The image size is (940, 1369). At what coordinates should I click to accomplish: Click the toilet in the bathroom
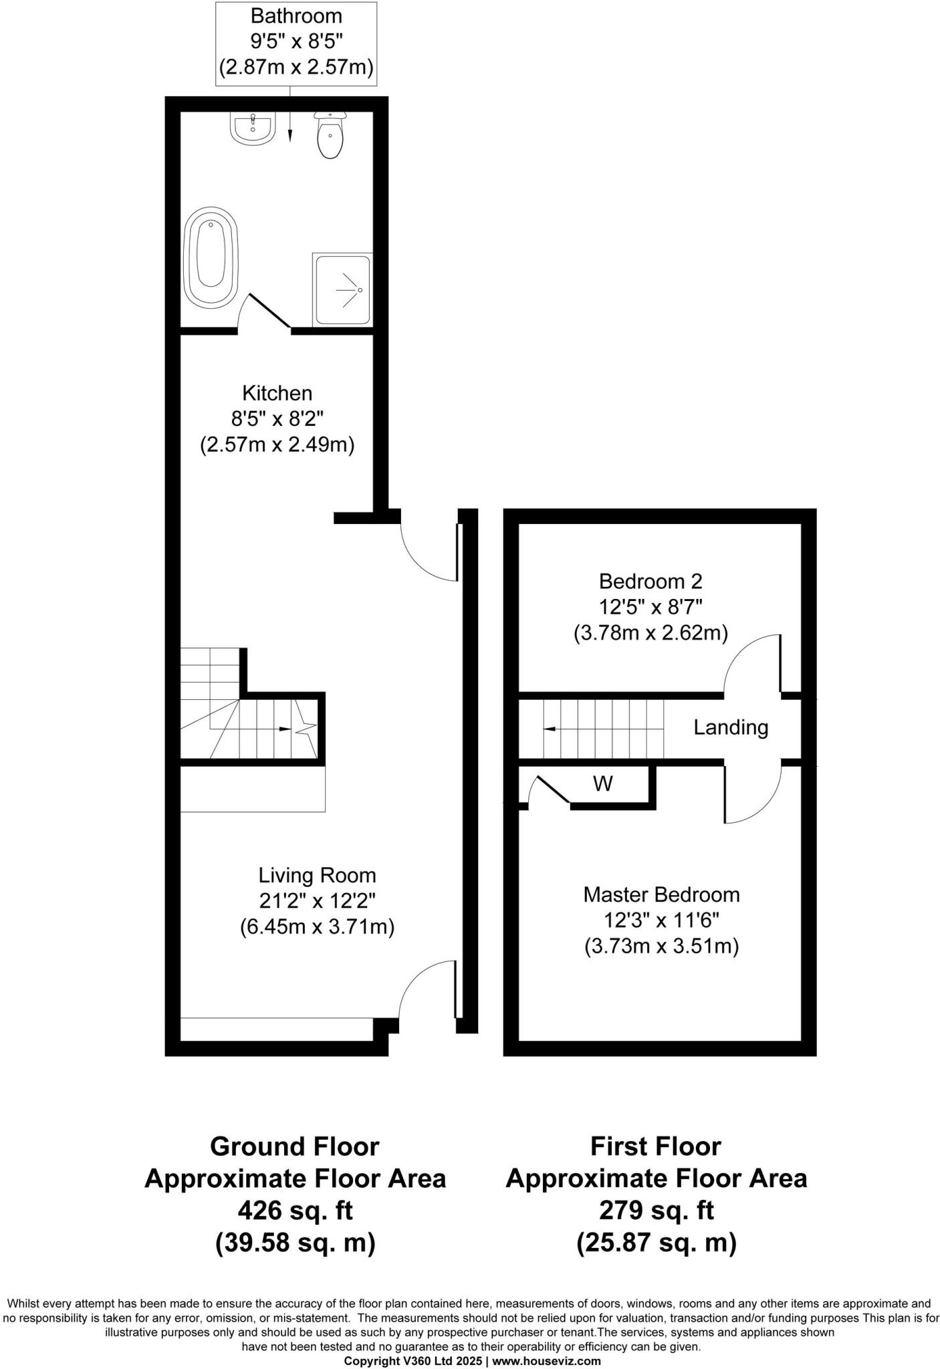[x=330, y=136]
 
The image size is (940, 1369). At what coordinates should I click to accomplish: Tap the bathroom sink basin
[x=253, y=128]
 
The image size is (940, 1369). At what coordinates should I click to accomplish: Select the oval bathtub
[x=210, y=258]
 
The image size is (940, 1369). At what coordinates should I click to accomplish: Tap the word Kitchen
[x=277, y=392]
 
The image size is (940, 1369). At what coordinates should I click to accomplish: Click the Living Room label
[x=317, y=875]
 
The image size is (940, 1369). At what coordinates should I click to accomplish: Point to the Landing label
[x=730, y=727]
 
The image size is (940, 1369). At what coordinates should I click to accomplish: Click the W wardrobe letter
[x=603, y=783]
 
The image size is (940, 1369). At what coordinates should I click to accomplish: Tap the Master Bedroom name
[x=661, y=894]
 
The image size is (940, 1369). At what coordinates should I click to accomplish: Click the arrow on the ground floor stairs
[x=284, y=729]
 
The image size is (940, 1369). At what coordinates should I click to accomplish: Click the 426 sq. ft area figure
[x=295, y=1211]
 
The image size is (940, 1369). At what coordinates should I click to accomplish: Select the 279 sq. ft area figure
[x=656, y=1211]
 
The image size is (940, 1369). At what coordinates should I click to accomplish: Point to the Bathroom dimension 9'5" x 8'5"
[x=296, y=41]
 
